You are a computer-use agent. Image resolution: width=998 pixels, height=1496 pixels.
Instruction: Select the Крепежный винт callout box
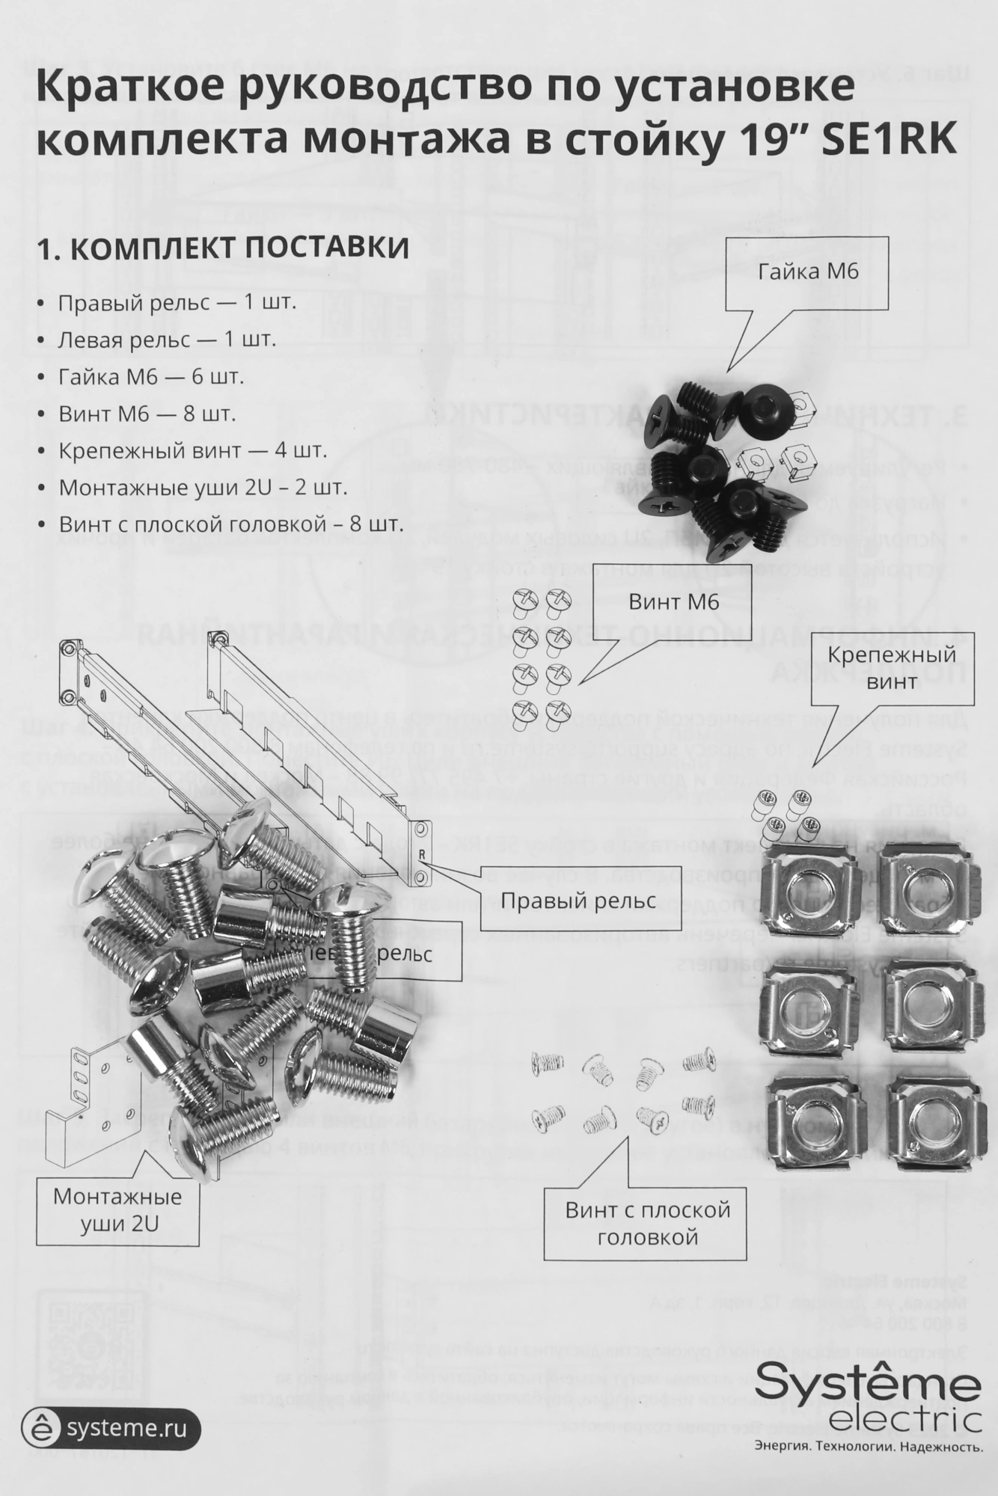pos(891,667)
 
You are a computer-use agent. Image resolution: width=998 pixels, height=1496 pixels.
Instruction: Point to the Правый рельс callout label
pos(578,901)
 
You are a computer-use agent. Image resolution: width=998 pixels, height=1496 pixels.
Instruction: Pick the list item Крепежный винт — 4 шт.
pos(192,451)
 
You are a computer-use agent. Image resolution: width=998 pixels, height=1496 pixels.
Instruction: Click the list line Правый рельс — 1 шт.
pos(177,304)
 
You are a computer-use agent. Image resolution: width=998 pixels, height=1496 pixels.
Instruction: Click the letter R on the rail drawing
pos(423,853)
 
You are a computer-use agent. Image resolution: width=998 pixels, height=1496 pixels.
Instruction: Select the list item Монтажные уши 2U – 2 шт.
pos(203,488)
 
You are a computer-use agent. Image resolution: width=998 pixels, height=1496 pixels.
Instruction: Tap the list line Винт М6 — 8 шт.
pos(147,414)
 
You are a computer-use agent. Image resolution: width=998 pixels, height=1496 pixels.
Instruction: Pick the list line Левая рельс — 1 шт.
pos(167,340)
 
